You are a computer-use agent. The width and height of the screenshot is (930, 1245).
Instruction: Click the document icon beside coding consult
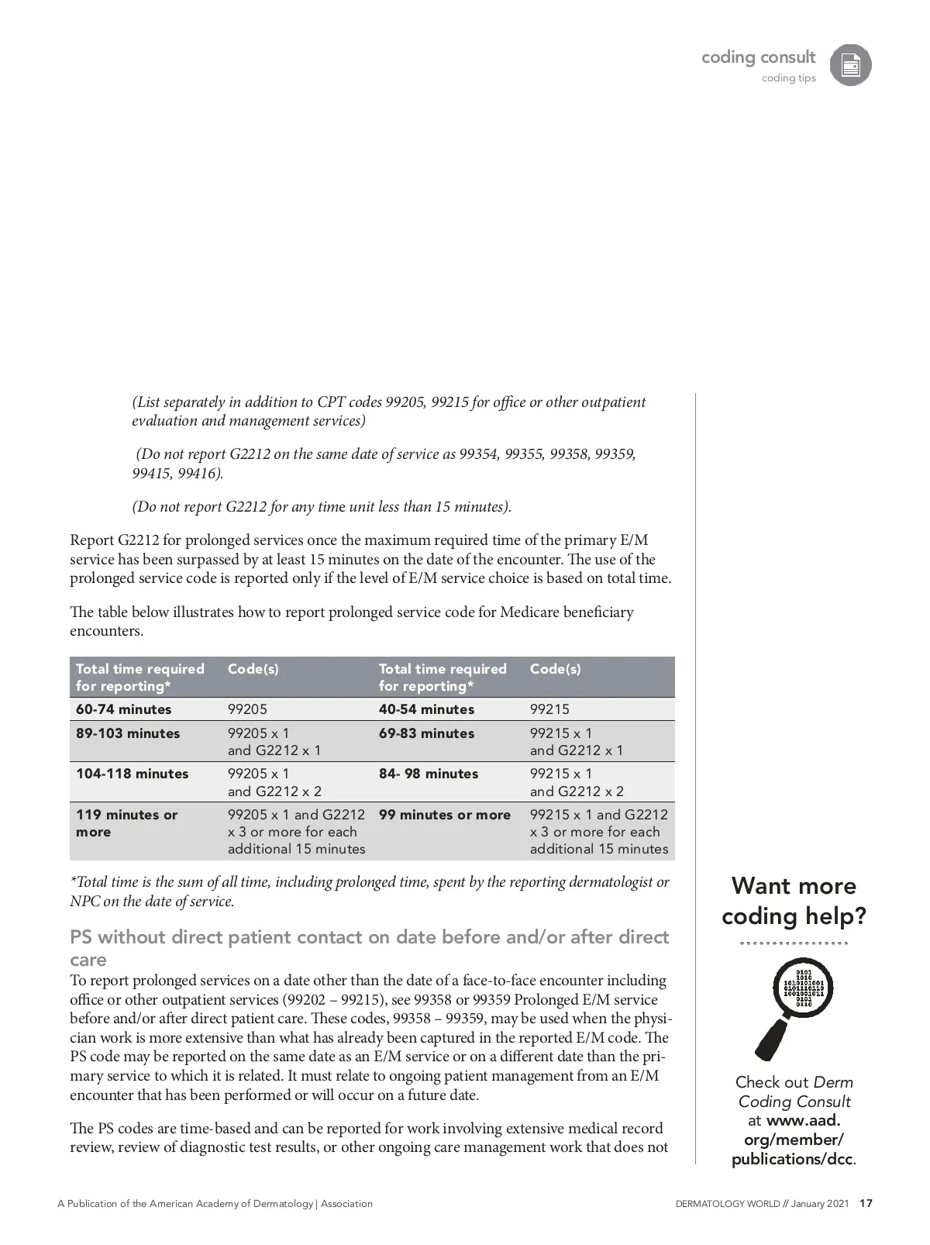[850, 65]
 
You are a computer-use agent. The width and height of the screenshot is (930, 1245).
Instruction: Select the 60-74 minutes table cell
[124, 709]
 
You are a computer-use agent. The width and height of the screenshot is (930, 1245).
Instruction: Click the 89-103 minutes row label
[128, 733]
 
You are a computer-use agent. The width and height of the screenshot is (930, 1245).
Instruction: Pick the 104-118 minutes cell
[133, 774]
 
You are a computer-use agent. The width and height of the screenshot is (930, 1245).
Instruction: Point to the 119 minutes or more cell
[127, 823]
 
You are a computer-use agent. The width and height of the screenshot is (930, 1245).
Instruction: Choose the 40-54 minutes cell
[426, 709]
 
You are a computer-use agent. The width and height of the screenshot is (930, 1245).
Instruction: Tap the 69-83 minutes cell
[426, 733]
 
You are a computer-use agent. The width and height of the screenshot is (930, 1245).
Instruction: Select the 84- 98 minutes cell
[429, 774]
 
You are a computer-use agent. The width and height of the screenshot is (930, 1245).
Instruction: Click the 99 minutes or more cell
[445, 815]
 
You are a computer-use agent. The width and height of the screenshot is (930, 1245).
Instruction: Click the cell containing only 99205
[247, 709]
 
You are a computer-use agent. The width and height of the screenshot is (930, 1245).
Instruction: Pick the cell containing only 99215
[549, 709]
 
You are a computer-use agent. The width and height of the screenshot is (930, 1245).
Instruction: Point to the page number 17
[866, 1204]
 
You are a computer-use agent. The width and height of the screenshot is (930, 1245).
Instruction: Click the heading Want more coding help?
[794, 901]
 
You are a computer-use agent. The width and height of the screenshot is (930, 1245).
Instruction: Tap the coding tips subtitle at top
[788, 78]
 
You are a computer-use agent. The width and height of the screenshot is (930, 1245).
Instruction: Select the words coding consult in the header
[758, 57]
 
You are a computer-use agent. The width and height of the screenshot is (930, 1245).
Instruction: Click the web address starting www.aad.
[794, 1140]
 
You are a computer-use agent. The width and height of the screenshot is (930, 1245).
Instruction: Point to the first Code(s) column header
[253, 669]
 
